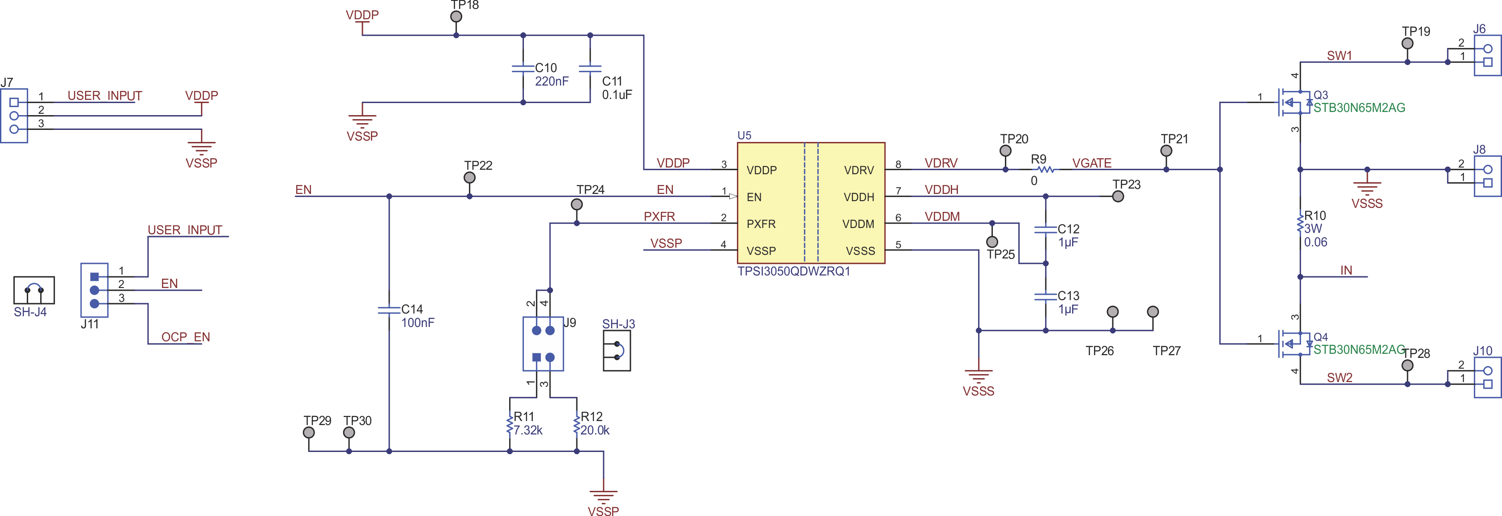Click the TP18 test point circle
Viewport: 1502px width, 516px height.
click(x=456, y=16)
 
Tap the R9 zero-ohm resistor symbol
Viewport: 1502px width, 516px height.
click(x=1046, y=170)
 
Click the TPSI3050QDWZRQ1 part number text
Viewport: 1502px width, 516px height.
click(x=794, y=271)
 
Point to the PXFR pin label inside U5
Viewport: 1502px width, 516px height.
click(x=761, y=224)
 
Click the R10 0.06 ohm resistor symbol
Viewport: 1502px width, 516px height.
click(x=1300, y=224)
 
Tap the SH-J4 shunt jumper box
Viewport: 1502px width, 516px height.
click(x=34, y=290)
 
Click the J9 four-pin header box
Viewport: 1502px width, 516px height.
click(x=543, y=344)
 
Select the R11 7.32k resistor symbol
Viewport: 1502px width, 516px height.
click(x=510, y=424)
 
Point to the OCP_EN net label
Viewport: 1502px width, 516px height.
click(x=185, y=337)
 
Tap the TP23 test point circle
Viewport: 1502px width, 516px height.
click(x=1118, y=197)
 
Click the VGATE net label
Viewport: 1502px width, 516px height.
click(x=1092, y=163)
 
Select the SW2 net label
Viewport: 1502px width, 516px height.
click(x=1339, y=378)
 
